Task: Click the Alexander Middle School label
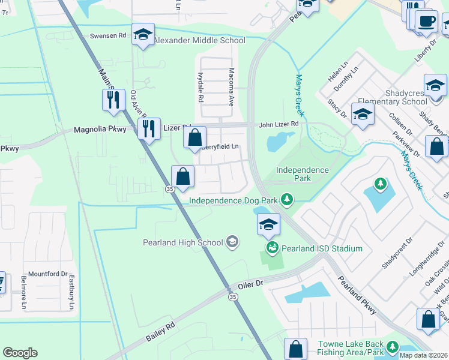199,41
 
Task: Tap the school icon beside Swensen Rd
143,35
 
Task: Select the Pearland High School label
182,242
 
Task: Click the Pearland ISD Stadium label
322,248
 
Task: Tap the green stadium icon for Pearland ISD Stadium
272,247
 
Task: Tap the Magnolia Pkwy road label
100,130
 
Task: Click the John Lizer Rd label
279,124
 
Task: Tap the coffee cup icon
427,21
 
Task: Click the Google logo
20,353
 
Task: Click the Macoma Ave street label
231,87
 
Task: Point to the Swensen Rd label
109,36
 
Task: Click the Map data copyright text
423,355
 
